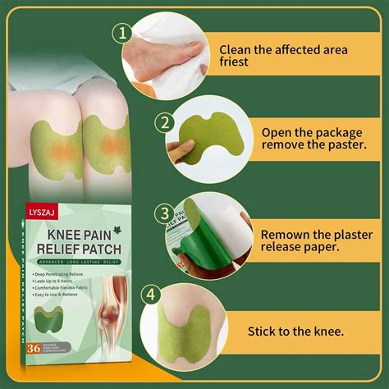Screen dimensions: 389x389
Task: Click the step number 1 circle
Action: [x=122, y=34]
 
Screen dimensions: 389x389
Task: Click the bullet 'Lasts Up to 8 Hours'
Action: [x=67, y=281]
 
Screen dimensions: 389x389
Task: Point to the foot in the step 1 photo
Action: [x=160, y=53]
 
